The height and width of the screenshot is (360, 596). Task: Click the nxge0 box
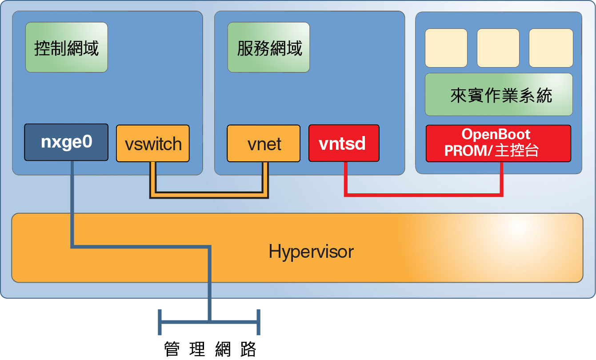click(x=66, y=142)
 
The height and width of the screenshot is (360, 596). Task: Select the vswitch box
click(x=153, y=144)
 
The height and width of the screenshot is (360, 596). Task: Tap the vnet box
click(x=264, y=144)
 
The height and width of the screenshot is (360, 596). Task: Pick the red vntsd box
click(x=344, y=144)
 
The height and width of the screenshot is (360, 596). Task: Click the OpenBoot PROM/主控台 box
click(x=498, y=143)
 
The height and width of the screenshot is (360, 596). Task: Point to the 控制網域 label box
click(x=66, y=48)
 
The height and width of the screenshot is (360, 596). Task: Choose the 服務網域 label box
click(x=268, y=48)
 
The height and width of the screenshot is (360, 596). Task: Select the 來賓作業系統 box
click(x=498, y=95)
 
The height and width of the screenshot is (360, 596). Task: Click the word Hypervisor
click(x=311, y=252)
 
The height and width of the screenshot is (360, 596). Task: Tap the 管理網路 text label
click(x=210, y=349)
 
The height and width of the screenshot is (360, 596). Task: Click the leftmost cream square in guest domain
click(x=446, y=48)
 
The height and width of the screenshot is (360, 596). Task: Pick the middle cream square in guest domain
click(x=498, y=48)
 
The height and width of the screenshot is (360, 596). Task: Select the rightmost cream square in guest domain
click(x=551, y=48)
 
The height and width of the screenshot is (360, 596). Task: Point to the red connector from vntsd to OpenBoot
click(x=422, y=194)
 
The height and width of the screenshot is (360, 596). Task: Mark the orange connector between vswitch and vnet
click(x=209, y=194)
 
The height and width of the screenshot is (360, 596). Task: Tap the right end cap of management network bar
click(x=259, y=322)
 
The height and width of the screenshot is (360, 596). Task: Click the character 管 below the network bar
click(x=172, y=349)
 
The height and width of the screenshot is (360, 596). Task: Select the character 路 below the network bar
click(x=248, y=349)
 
